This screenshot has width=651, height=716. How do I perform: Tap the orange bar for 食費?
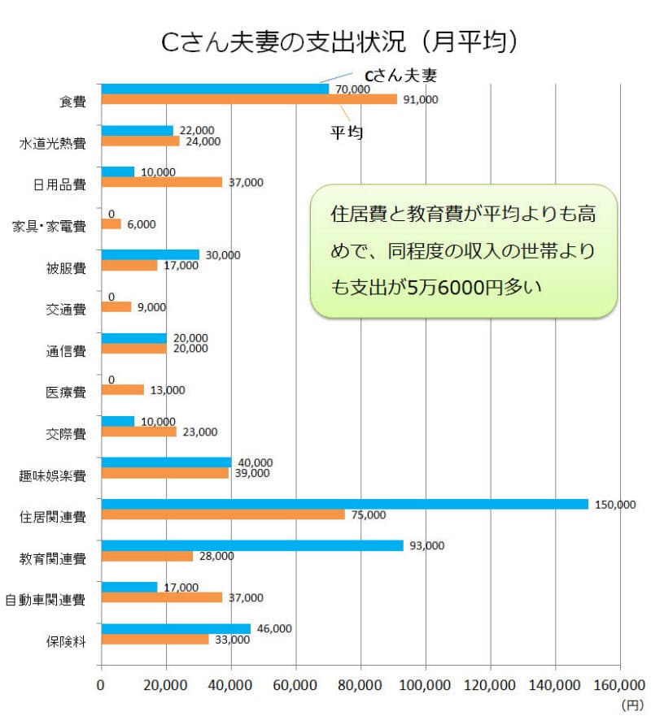click(x=249, y=99)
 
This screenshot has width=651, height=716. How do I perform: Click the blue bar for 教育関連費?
click(x=251, y=545)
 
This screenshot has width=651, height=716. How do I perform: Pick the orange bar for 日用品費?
click(x=161, y=182)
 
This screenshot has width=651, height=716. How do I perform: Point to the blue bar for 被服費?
click(x=150, y=254)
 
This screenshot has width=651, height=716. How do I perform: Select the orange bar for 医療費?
click(x=122, y=389)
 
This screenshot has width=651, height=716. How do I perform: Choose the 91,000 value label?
click(x=419, y=99)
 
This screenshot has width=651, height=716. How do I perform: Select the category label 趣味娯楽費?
click(x=53, y=475)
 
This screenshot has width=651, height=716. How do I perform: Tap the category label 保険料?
click(x=67, y=640)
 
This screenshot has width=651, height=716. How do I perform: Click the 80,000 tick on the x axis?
click(x=360, y=685)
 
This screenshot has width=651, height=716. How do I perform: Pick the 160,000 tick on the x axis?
click(x=619, y=685)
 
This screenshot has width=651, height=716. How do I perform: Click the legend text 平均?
click(x=346, y=132)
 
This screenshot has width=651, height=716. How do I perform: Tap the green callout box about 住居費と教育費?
click(x=465, y=250)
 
